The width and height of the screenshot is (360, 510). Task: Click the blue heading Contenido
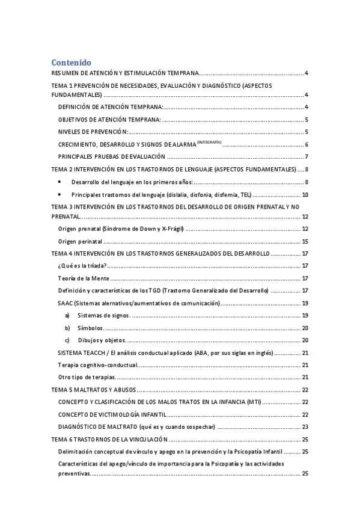pos(71,62)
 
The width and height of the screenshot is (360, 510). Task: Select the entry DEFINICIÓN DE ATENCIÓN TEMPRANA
pos(110,107)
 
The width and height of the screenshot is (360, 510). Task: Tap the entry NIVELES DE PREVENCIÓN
pos(93,132)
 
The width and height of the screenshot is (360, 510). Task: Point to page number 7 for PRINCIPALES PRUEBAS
pos(307,157)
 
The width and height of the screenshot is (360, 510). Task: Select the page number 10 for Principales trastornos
pos(305,195)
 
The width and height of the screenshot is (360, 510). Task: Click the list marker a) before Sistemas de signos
pos(67,316)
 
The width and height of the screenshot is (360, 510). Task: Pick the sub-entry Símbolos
pos(90,328)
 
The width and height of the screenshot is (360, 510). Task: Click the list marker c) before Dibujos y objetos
pos(67,340)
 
